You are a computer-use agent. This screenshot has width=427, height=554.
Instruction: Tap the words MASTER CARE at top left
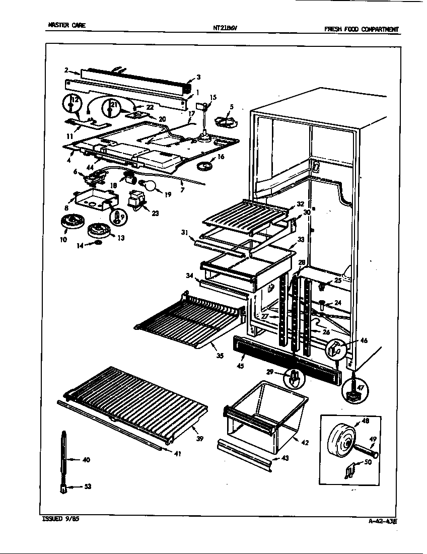coord(63,25)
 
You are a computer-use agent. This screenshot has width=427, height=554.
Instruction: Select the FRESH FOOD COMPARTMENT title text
coord(361,29)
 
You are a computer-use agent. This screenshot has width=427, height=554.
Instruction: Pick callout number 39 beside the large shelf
coord(199,439)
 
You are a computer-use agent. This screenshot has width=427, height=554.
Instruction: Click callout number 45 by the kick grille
coord(240,366)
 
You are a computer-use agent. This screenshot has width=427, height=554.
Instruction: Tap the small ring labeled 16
coord(204,165)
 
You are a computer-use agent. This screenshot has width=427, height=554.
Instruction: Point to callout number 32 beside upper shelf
coord(300,204)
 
